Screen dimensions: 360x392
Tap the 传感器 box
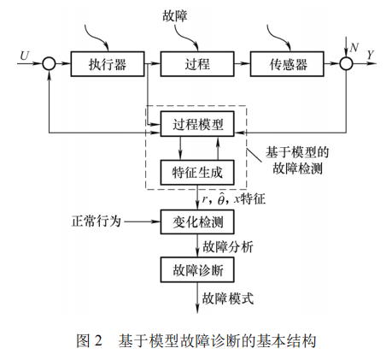[288, 64]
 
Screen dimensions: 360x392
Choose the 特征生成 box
[197, 172]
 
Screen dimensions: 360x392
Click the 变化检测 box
[197, 221]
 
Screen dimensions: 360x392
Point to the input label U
[23, 56]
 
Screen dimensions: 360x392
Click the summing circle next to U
[49, 64]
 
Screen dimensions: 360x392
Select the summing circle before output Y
[346, 64]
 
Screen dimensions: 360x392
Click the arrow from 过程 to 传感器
[242, 64]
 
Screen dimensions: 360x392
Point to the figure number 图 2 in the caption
[90, 340]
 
